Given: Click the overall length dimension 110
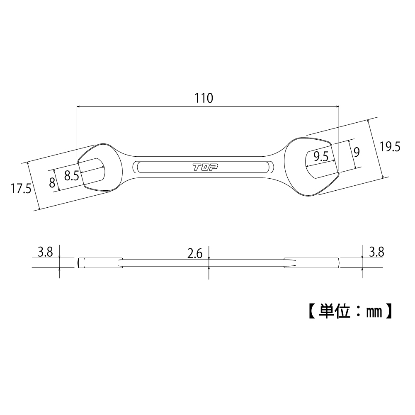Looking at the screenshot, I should point(204,98).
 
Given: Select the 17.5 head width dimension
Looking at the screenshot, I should point(21,189).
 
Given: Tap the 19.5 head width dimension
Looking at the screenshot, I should point(389,147).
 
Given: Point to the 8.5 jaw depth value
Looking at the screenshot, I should point(71,175).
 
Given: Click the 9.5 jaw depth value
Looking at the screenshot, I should point(321,156).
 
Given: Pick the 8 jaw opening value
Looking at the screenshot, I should point(52,182).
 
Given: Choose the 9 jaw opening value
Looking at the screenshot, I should point(357,152).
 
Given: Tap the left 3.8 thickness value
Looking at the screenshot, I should point(45,252).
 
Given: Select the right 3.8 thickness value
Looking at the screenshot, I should point(376,251).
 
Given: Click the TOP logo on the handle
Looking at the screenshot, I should point(205,167).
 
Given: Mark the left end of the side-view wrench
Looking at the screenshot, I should point(79,263).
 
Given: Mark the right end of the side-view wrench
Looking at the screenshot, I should point(337,263).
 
